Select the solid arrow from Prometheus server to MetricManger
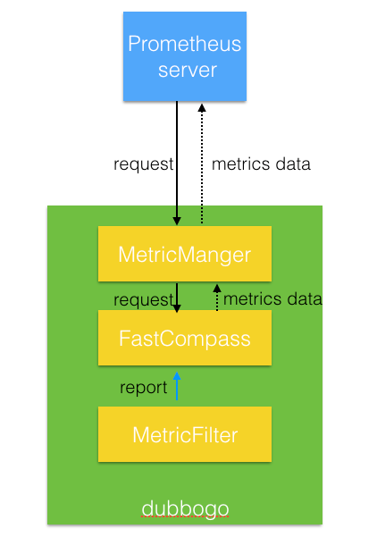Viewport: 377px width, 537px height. pos(178,161)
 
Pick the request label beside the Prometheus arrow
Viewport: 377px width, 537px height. pos(143,164)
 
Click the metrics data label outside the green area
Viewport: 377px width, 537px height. pos(261,164)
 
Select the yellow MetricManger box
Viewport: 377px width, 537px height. pos(184,255)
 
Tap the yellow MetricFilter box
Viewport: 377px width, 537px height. pos(184,435)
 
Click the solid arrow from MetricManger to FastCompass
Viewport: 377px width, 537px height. pos(178,297)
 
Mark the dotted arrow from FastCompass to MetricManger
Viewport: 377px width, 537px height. pos(215,299)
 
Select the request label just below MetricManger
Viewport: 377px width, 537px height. pos(142,298)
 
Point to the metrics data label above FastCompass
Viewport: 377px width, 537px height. pos(272,298)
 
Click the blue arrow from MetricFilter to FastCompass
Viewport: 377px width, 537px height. pos(177,386)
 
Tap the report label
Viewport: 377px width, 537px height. pos(143,388)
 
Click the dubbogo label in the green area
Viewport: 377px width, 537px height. pos(184,508)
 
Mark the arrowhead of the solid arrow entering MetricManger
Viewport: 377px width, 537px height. pos(178,221)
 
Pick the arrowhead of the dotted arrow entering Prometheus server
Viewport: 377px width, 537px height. pos(201,107)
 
